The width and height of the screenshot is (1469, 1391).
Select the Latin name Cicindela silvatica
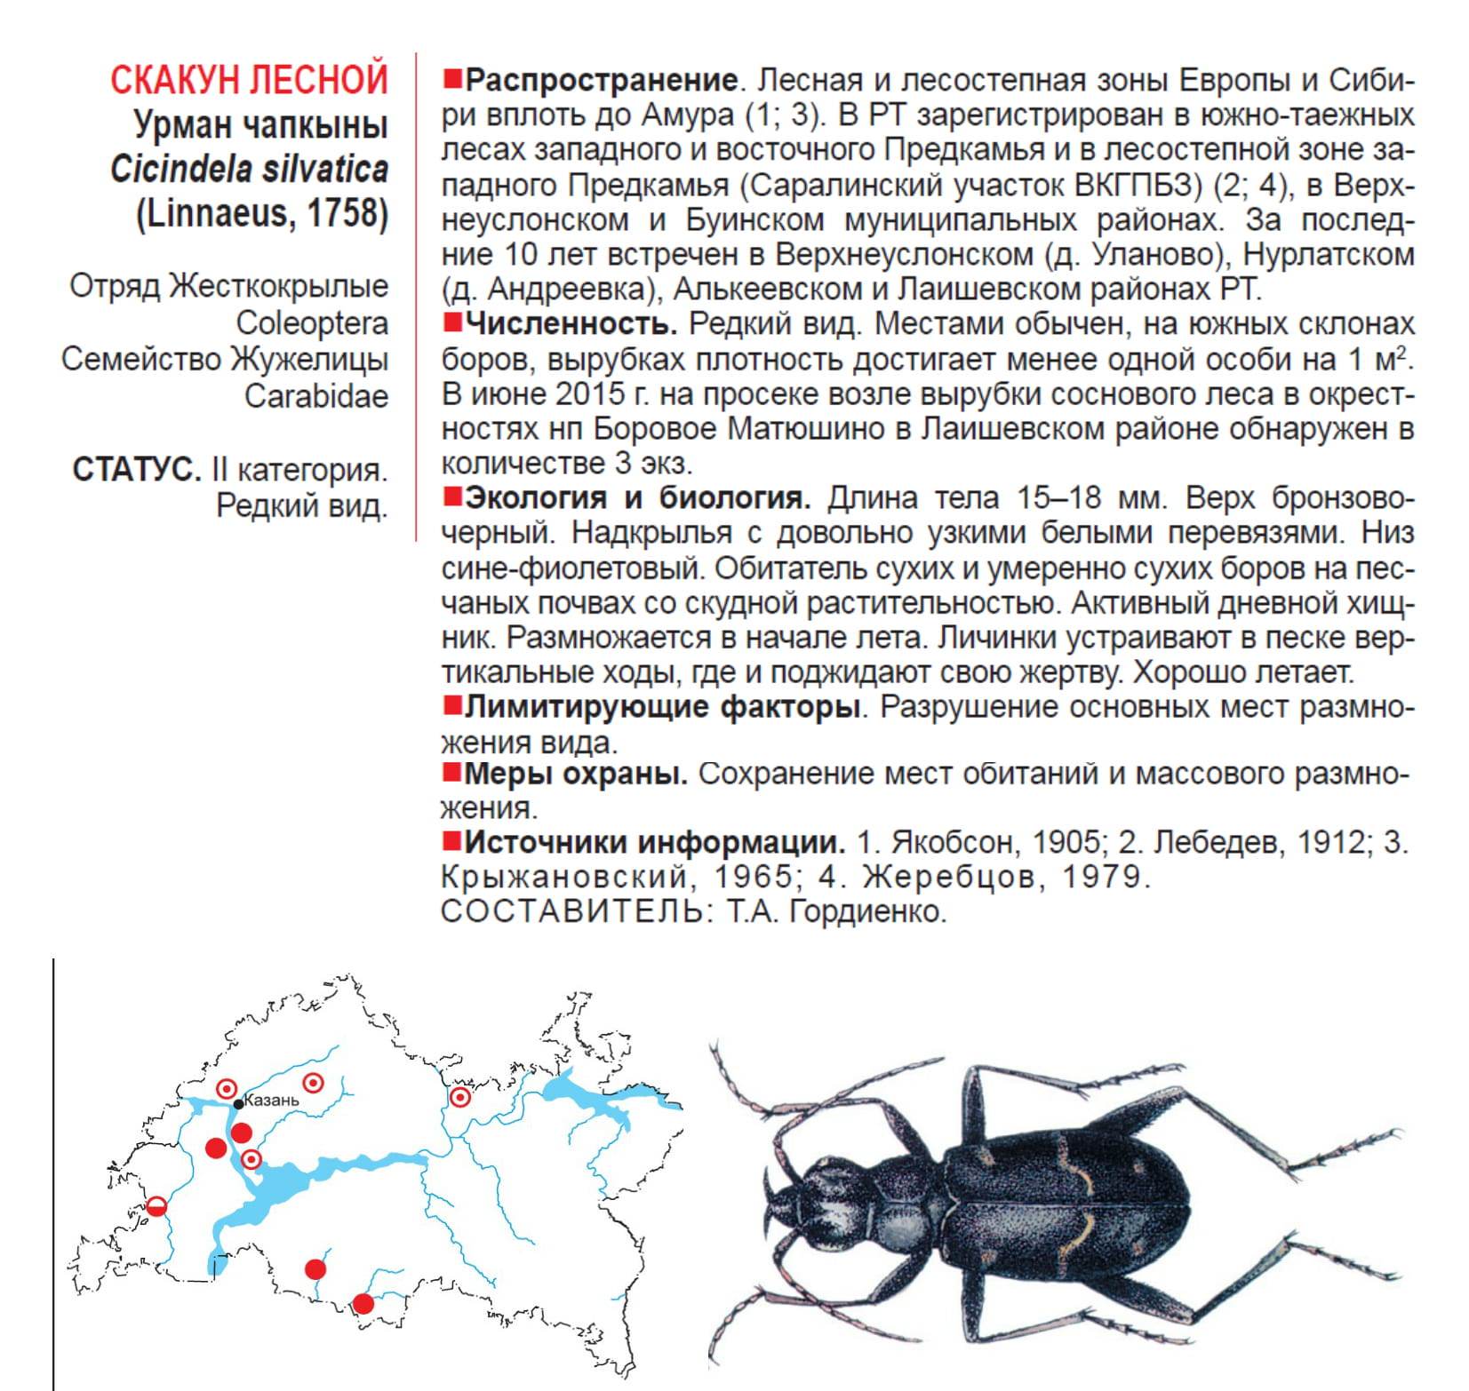pyautogui.click(x=249, y=169)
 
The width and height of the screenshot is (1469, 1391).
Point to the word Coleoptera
pyautogui.click(x=312, y=322)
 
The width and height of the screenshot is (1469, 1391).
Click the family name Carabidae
pyautogui.click(x=316, y=395)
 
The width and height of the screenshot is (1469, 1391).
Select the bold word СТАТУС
pyautogui.click(x=137, y=469)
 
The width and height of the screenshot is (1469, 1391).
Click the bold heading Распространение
pyautogui.click(x=602, y=81)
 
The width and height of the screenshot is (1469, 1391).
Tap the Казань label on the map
pyautogui.click(x=271, y=1101)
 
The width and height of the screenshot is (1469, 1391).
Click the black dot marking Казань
pyautogui.click(x=238, y=1104)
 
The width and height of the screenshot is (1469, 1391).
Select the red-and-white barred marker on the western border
pyautogui.click(x=156, y=1205)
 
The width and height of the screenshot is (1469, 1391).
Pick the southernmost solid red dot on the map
pyautogui.click(x=363, y=1304)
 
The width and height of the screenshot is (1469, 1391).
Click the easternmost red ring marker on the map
pyautogui.click(x=459, y=1097)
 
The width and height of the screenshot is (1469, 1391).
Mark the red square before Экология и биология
pyautogui.click(x=452, y=496)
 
